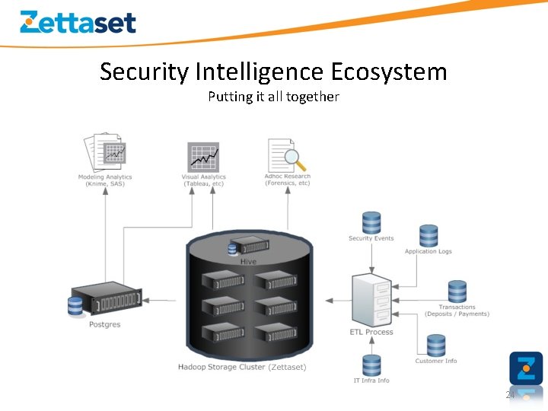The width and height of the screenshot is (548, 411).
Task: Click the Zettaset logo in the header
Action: click(78, 22)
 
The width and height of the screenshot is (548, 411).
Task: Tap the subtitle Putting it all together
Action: click(273, 97)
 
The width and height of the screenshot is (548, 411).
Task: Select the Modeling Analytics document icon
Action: click(104, 153)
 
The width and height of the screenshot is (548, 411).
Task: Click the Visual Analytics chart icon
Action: click(203, 157)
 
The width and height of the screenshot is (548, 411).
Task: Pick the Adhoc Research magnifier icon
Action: click(286, 155)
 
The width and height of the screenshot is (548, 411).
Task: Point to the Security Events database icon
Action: click(371, 222)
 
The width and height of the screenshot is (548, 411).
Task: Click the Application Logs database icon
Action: click(429, 236)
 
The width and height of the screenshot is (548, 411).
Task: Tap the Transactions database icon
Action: click(457, 292)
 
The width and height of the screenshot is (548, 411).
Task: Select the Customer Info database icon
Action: click(436, 346)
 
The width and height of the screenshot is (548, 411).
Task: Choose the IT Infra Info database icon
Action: click(371, 365)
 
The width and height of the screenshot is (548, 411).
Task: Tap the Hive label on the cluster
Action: click(249, 262)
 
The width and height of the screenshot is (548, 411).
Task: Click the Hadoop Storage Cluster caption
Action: click(242, 367)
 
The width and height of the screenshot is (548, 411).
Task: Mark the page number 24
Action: click(511, 395)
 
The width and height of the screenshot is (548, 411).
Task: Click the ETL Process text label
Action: click(371, 332)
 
